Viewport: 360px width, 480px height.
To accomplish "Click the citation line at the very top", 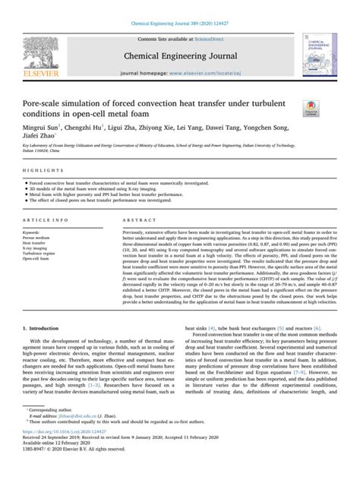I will pyautogui.click(x=179, y=5).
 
